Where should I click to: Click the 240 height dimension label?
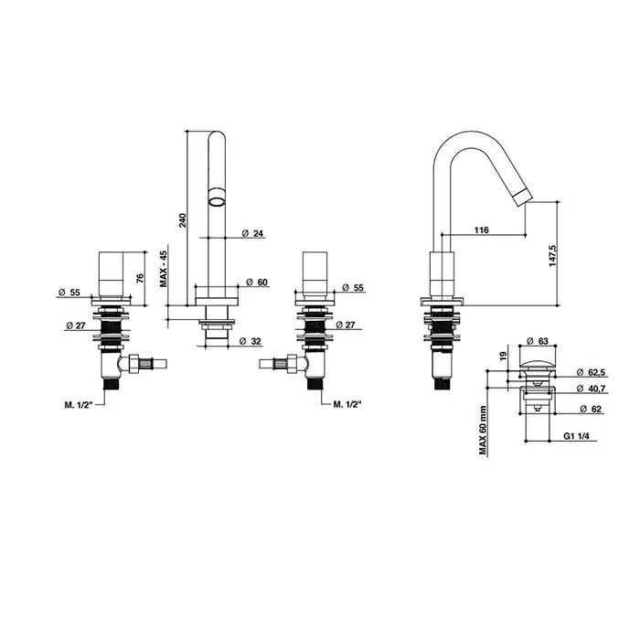click(x=183, y=220)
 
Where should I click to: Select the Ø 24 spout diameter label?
click(x=252, y=233)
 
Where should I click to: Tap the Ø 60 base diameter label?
click(x=257, y=283)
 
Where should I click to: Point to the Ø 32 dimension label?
click(x=251, y=341)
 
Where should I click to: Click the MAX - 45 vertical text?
click(x=164, y=269)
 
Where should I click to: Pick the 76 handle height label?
click(x=140, y=278)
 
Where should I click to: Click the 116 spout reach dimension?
click(x=482, y=230)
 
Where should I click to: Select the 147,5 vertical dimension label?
click(x=552, y=256)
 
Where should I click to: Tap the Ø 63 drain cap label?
click(x=538, y=341)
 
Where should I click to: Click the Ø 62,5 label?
click(x=591, y=372)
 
